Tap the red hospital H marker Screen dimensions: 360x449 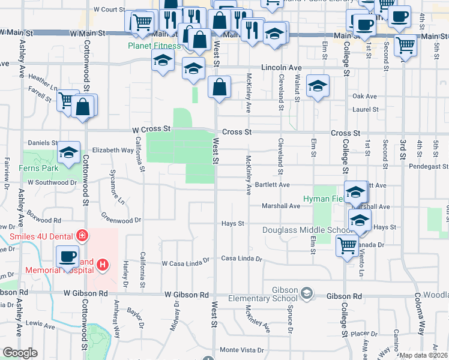[x=103, y=264]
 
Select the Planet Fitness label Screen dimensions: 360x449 [x=154, y=46]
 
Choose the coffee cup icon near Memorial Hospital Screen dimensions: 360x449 [x=67, y=257]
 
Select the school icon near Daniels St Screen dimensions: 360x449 [x=69, y=154]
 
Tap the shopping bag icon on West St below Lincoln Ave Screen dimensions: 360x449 [x=220, y=87]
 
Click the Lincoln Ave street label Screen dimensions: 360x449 [x=281, y=68]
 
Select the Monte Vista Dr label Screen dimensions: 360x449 [x=242, y=350]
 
